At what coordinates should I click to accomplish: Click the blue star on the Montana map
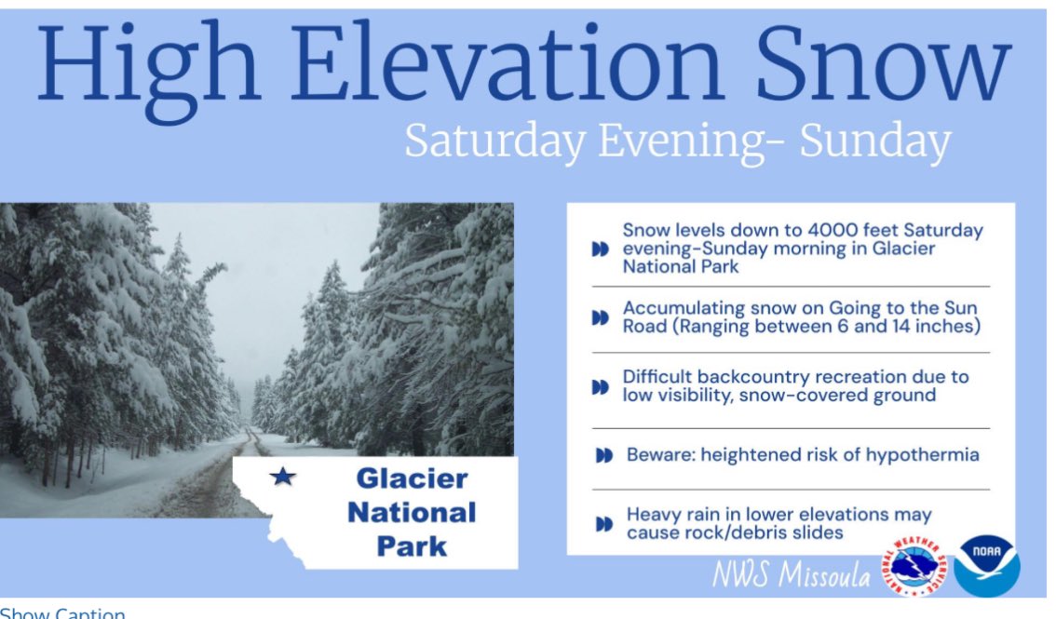pos(282,478)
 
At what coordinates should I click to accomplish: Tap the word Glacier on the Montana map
pos(412,479)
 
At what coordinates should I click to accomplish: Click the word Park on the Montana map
pos(413,545)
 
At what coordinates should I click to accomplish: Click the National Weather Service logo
pos(914,566)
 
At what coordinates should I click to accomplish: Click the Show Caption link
pos(62,612)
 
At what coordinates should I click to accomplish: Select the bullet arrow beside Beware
pos(603,455)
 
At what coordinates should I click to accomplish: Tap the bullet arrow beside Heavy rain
pos(603,524)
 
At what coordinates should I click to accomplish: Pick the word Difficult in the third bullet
pos(658,377)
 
